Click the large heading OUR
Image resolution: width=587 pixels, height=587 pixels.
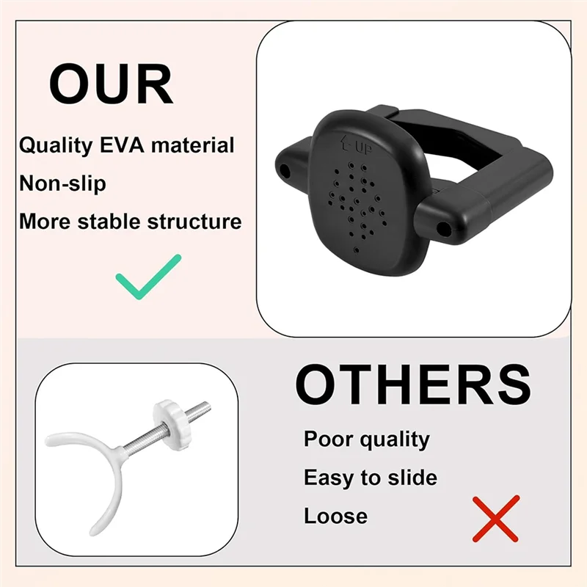(111, 85)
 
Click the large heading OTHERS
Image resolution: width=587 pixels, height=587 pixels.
(413, 384)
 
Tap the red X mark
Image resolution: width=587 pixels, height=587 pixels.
(495, 518)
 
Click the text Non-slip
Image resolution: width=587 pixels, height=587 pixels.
(62, 183)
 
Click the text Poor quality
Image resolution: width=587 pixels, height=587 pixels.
(366, 440)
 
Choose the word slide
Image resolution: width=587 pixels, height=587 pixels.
(409, 478)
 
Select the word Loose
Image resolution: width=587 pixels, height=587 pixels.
(335, 517)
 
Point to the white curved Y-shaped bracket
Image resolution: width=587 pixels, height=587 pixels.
(102, 470)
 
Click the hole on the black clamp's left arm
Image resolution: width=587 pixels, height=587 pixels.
(285, 170)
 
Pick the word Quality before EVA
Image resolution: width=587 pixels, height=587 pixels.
(55, 145)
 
